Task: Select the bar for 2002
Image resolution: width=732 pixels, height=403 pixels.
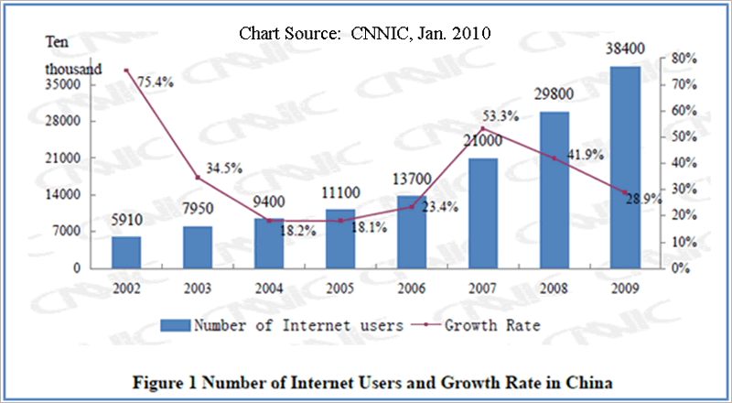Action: pos(126,253)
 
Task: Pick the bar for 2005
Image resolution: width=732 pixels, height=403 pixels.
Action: pos(340,239)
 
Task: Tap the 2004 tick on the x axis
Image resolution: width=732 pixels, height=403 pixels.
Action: pos(269,286)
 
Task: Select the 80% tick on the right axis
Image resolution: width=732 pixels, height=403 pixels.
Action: pos(686,58)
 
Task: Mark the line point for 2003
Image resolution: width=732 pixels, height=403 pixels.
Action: pos(198,178)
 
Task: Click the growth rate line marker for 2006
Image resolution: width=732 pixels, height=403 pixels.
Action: pos(412,207)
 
